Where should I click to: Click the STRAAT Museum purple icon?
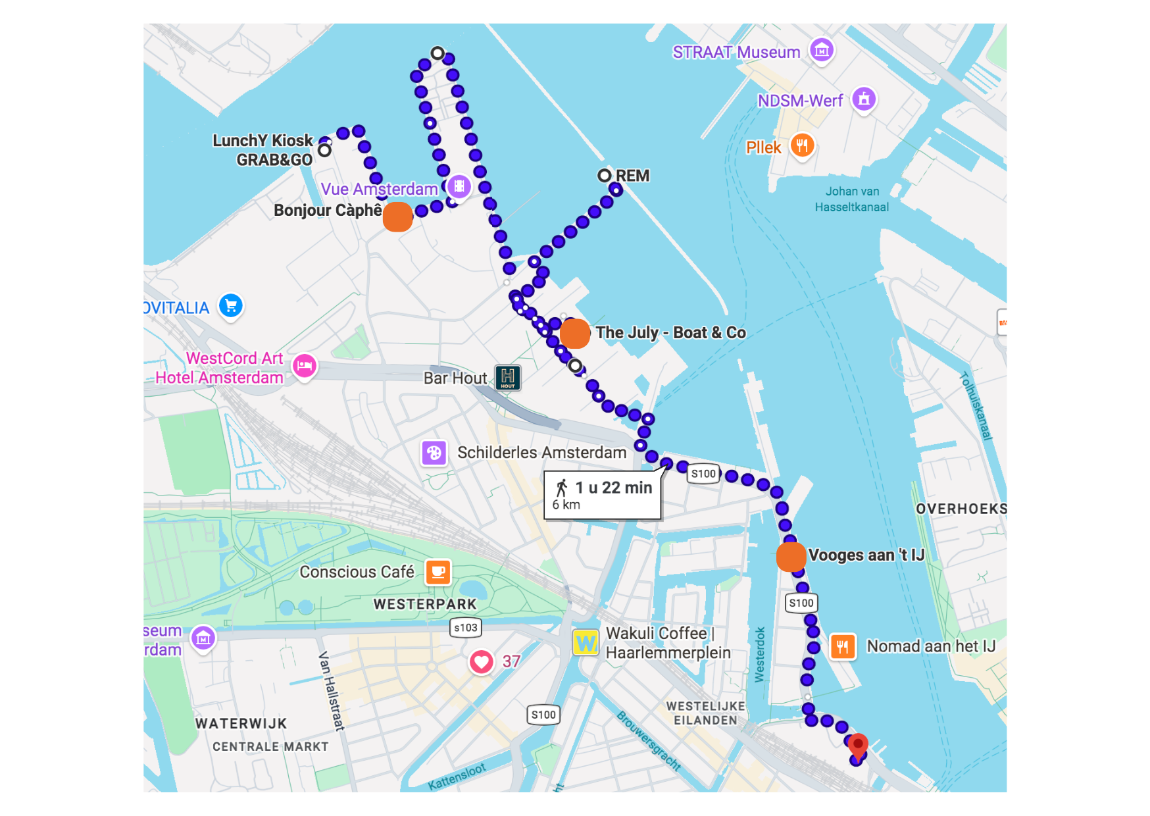[821, 50]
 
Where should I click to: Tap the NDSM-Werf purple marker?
[863, 99]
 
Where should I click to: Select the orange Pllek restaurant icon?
[801, 145]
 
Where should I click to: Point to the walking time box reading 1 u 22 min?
[602, 495]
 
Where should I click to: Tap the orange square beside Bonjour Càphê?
[397, 217]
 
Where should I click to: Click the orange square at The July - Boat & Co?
[574, 333]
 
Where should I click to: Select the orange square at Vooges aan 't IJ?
[790, 557]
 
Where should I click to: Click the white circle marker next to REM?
[604, 176]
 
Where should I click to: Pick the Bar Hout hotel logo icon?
[507, 378]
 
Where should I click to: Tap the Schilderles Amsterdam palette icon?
[434, 453]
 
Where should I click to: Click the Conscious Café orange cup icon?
[438, 572]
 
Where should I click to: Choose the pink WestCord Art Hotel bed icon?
[304, 365]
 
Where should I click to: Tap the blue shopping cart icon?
[230, 305]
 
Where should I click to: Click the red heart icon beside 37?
[481, 661]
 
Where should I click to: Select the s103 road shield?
[465, 628]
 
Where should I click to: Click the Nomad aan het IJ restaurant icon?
[842, 646]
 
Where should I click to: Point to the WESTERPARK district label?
[424, 604]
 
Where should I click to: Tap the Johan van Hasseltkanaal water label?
[851, 199]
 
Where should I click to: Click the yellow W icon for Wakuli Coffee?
[585, 642]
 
